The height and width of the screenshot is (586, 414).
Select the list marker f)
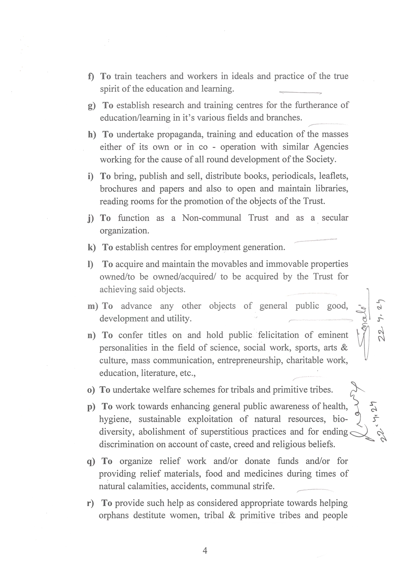[91, 76]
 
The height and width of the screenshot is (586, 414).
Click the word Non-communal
[212, 218]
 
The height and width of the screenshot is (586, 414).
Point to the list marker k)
[91, 247]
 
